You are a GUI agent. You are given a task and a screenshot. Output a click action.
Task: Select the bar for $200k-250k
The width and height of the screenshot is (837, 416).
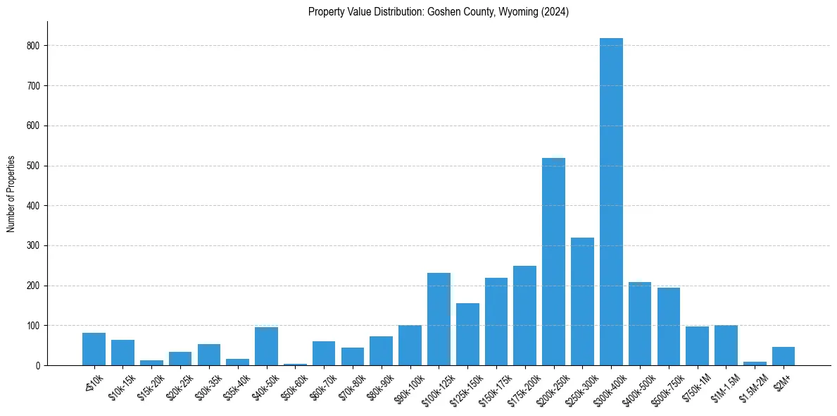[x=553, y=262]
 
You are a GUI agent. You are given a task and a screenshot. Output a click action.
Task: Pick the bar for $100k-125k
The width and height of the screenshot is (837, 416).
[x=439, y=319]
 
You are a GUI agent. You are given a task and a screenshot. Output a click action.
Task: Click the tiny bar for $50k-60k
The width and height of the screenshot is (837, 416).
[x=295, y=365]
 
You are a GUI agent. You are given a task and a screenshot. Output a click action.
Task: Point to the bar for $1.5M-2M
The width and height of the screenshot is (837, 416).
[x=755, y=363]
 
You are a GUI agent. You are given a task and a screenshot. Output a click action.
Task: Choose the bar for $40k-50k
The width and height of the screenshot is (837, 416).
[x=266, y=346]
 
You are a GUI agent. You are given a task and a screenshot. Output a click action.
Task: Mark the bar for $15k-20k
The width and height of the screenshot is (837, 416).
[x=151, y=362]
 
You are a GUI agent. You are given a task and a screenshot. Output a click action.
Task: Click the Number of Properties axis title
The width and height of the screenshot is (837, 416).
[x=11, y=193]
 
